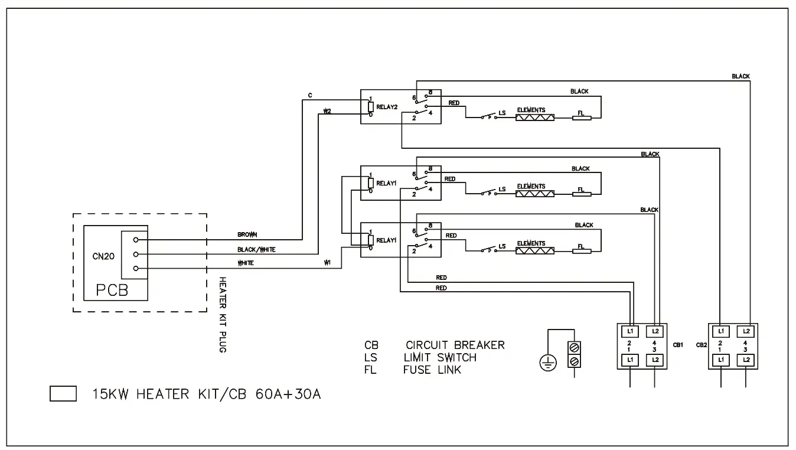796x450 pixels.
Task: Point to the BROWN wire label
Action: [x=247, y=234]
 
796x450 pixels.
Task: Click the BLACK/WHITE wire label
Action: [x=256, y=249]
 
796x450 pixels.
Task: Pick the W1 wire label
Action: [x=327, y=262]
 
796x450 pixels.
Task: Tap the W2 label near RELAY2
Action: [x=327, y=110]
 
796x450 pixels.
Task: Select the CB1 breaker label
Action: [x=677, y=345]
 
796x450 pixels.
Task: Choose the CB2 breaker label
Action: [x=701, y=345]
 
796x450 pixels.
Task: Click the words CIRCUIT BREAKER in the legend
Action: [x=455, y=345]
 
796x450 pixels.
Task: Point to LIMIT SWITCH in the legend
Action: [x=440, y=357]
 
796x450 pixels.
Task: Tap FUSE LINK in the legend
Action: [x=432, y=370]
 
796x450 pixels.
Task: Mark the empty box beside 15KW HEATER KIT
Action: [x=63, y=394]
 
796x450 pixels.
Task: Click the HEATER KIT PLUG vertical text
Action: [x=223, y=314]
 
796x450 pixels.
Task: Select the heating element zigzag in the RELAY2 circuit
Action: [x=534, y=118]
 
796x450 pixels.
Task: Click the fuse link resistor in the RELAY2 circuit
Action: [x=581, y=118]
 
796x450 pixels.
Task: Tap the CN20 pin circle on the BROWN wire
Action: [x=136, y=240]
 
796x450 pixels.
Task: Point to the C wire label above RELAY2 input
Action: [x=310, y=95]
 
